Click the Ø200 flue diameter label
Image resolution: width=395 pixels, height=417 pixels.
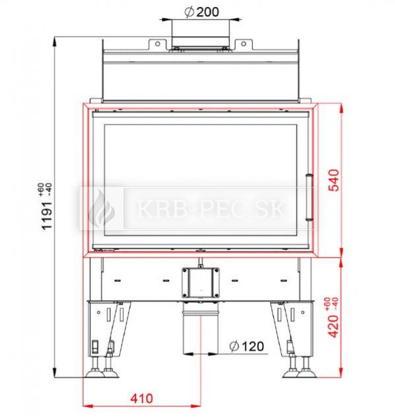coord(201,12)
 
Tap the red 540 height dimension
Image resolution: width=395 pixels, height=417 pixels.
coord(334,180)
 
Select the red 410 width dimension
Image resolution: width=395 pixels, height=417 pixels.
coord(142,399)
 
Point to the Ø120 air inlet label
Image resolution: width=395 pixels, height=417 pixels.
coord(246,346)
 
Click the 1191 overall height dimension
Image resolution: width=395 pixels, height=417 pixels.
coord(47,216)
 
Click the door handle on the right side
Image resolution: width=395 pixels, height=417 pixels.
coord(309,197)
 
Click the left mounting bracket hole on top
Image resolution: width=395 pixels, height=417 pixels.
coord(157,43)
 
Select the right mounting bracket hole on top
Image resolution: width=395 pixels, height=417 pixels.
coord(244,43)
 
